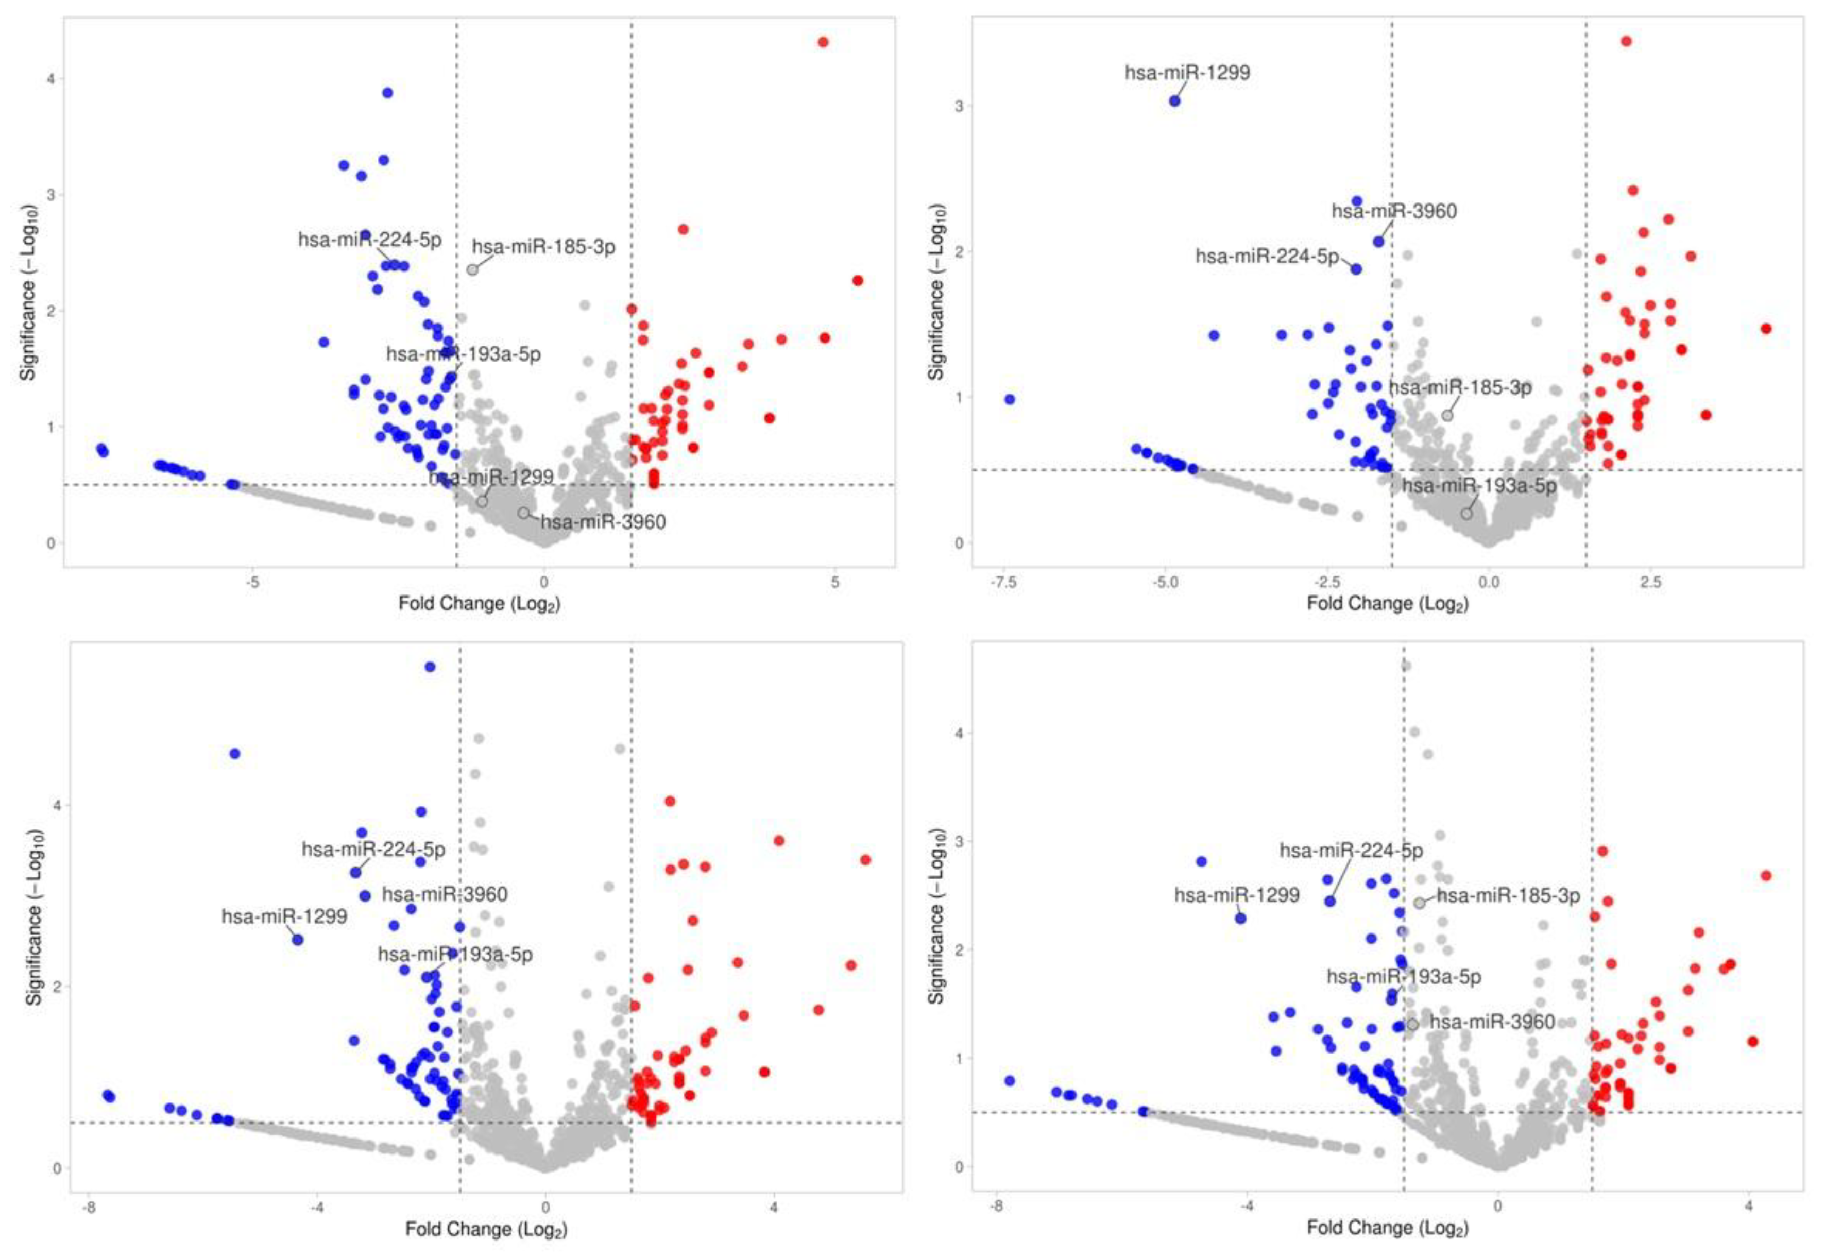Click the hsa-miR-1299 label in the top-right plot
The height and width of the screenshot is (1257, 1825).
[x=1186, y=73]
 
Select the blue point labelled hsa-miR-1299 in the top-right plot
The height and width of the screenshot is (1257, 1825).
[x=1174, y=101]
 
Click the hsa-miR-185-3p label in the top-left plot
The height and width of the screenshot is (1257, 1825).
[x=543, y=247]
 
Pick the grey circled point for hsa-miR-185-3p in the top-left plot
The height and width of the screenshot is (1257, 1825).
[x=472, y=269]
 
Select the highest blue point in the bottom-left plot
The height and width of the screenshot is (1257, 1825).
[x=430, y=666]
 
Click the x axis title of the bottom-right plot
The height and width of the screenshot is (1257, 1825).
[x=1387, y=1228]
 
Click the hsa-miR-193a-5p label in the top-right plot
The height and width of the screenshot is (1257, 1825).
[x=1478, y=486]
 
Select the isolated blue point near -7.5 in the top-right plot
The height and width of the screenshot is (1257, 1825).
[x=1010, y=399]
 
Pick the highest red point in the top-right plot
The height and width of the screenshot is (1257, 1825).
[x=1626, y=41]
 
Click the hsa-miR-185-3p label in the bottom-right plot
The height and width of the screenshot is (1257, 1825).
[x=1508, y=895]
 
